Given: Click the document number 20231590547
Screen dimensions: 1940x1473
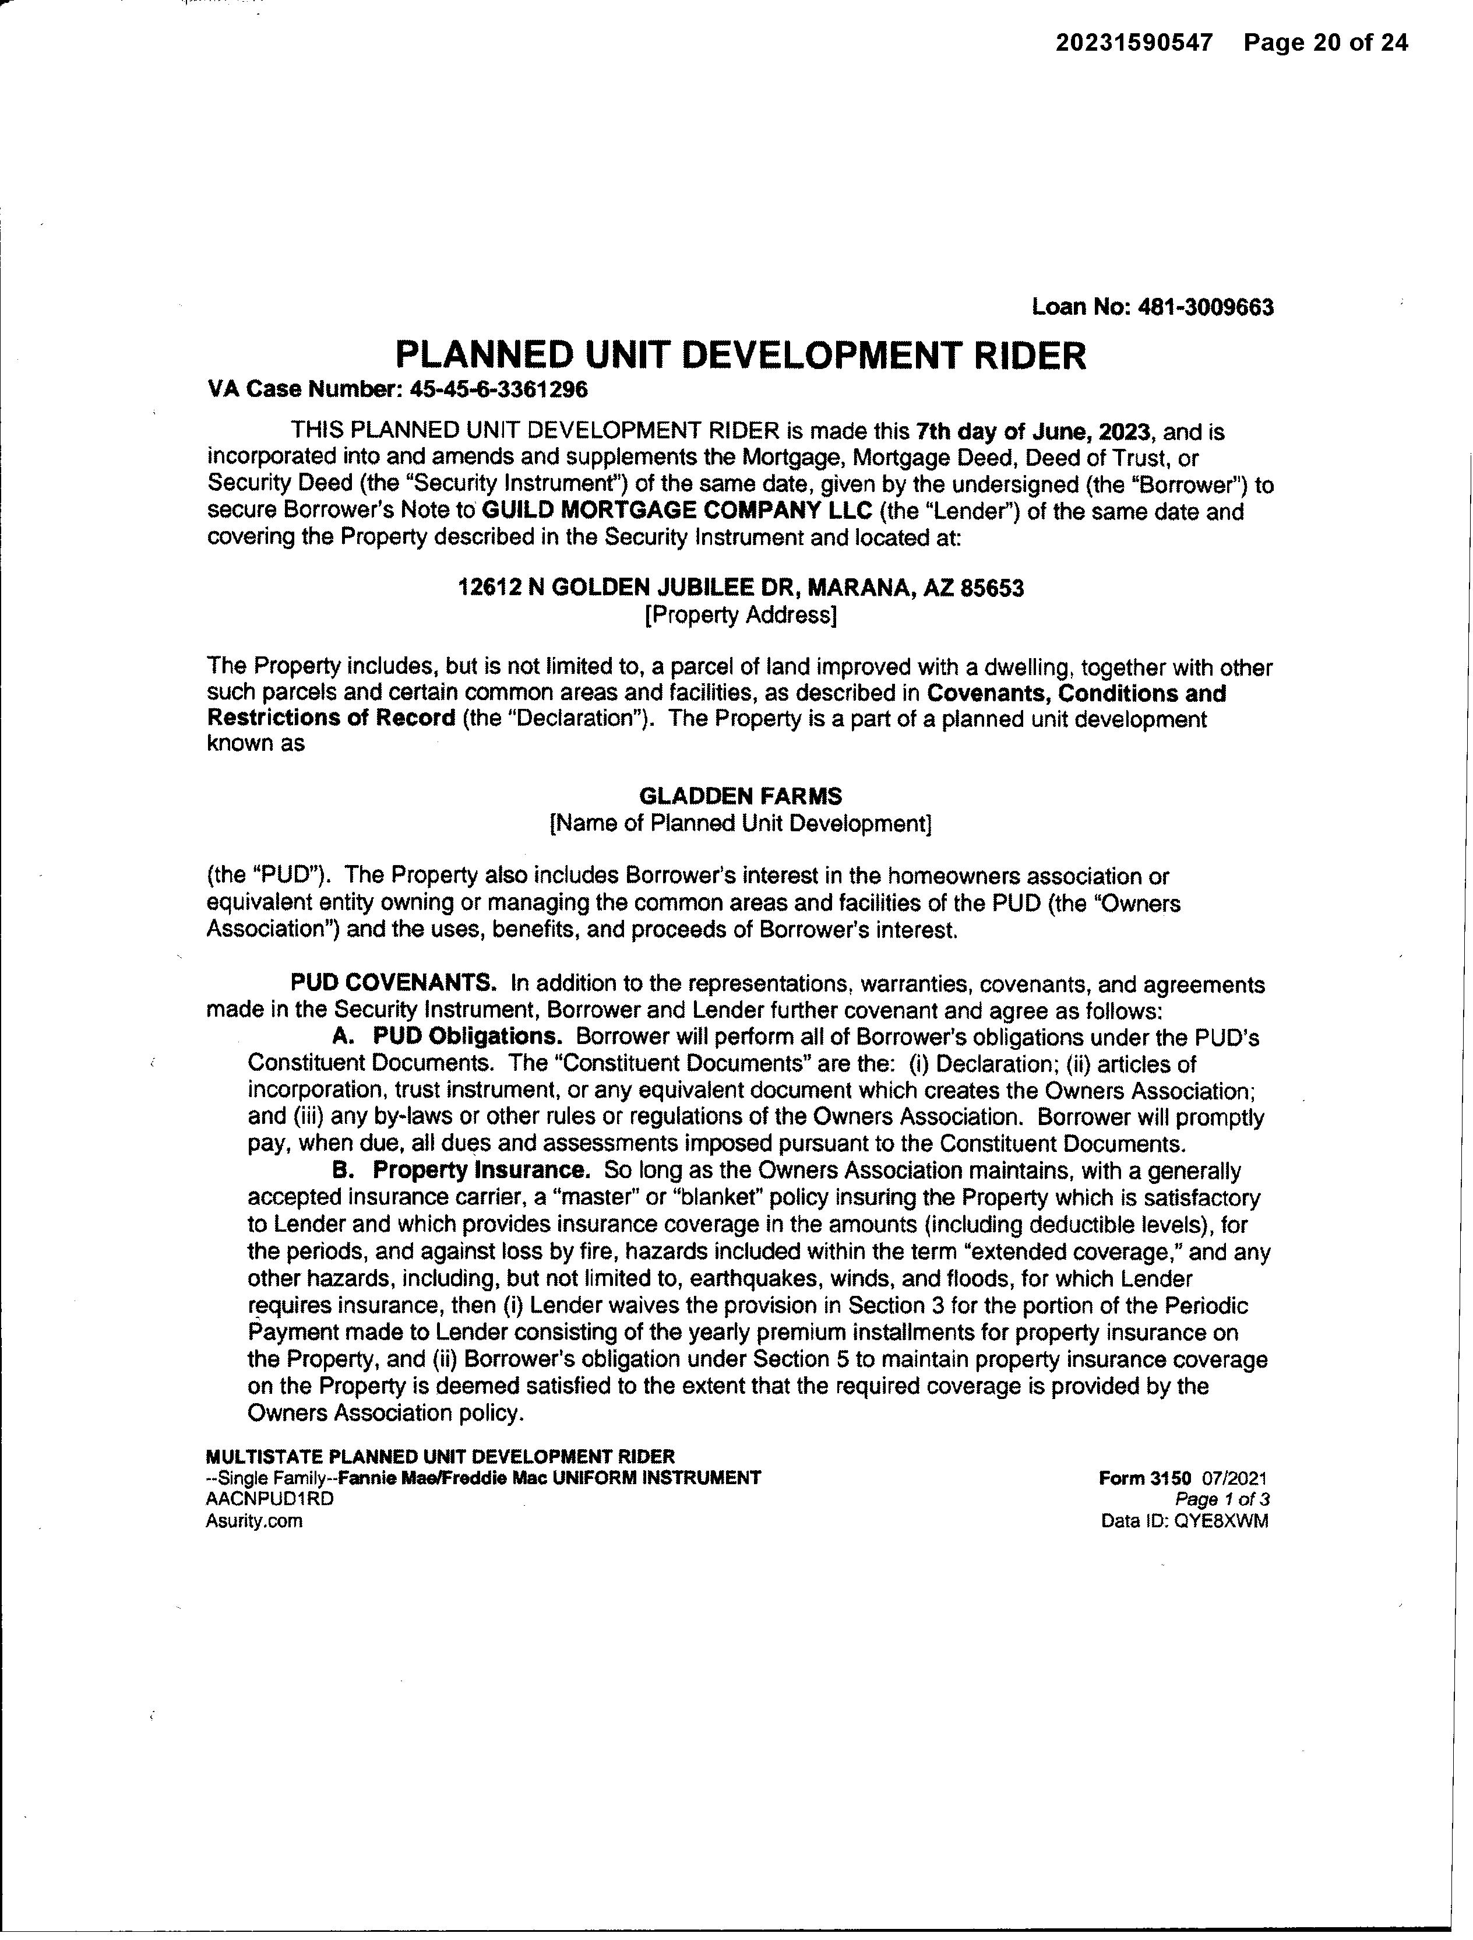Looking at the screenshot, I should [x=1134, y=43].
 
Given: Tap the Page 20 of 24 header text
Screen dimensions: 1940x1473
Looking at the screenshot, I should [x=1326, y=43].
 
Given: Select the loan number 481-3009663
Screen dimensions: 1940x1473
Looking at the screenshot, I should [x=1205, y=307].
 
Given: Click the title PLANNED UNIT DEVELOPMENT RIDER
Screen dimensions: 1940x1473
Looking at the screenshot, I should [x=741, y=355].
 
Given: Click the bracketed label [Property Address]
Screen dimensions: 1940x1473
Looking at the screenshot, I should [x=741, y=615].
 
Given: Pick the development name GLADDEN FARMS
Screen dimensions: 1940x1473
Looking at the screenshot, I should [x=741, y=796].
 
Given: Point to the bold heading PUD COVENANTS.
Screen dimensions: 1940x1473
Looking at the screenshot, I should [x=394, y=982].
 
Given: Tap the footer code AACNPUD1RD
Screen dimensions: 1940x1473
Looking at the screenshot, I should [x=269, y=1499].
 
